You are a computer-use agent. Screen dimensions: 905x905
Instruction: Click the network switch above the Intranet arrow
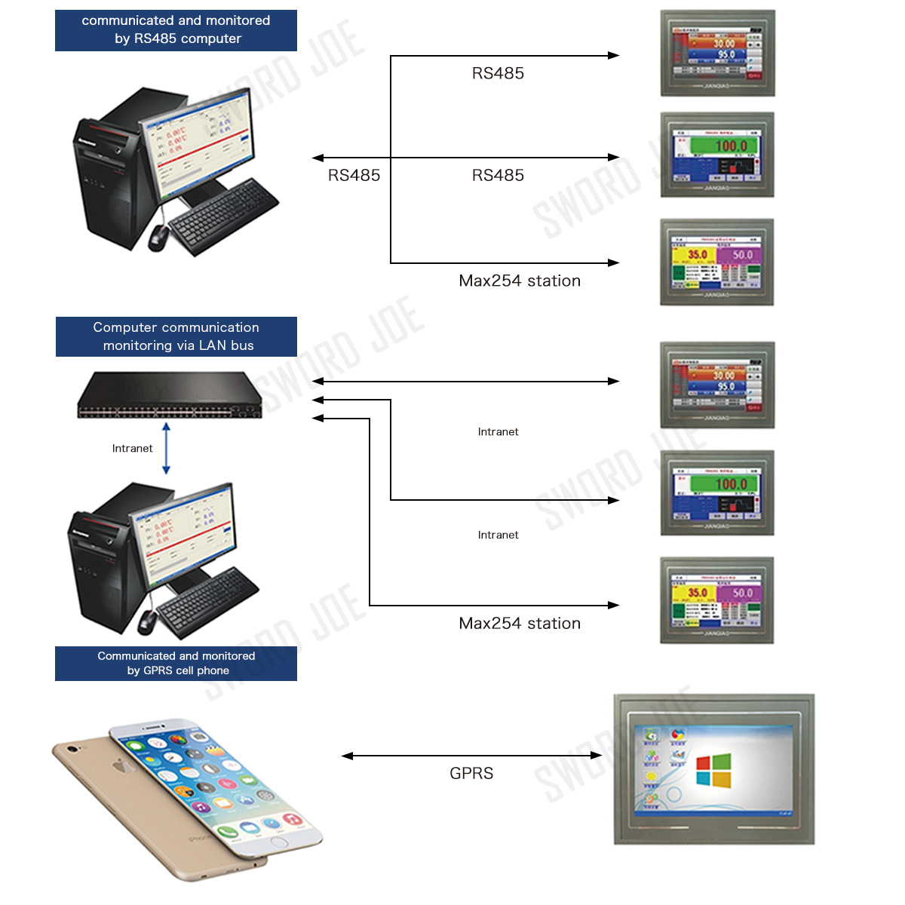tap(170, 394)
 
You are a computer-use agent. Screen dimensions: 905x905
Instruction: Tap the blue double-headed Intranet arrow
tap(166, 448)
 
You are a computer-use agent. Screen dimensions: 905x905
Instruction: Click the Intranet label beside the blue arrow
tap(132, 448)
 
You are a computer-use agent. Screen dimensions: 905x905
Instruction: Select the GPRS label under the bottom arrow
tap(471, 773)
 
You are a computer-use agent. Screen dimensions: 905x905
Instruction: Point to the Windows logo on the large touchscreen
tap(713, 770)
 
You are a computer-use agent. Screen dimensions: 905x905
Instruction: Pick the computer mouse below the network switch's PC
tap(147, 622)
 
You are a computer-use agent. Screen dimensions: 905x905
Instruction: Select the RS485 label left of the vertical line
tap(354, 176)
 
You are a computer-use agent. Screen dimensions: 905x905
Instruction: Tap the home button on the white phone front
tap(278, 842)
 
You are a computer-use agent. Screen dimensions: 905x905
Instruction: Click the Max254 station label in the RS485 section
tap(520, 281)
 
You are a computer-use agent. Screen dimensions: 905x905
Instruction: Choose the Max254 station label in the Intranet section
tap(520, 623)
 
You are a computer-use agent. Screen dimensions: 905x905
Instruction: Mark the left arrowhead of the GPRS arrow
tap(348, 755)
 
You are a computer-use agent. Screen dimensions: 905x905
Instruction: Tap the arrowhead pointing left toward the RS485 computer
tap(318, 158)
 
